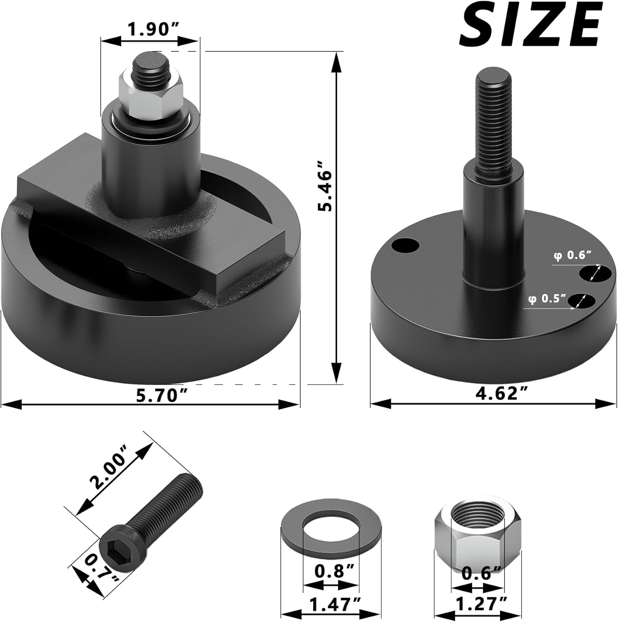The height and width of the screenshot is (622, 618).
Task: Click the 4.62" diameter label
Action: pyautogui.click(x=497, y=392)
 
